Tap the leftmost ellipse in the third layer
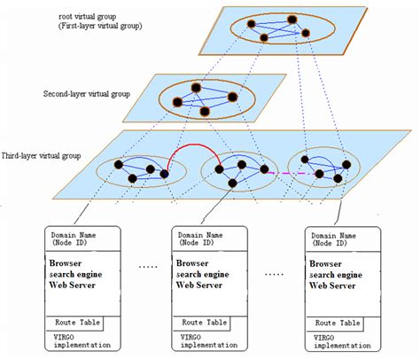(134, 170)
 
